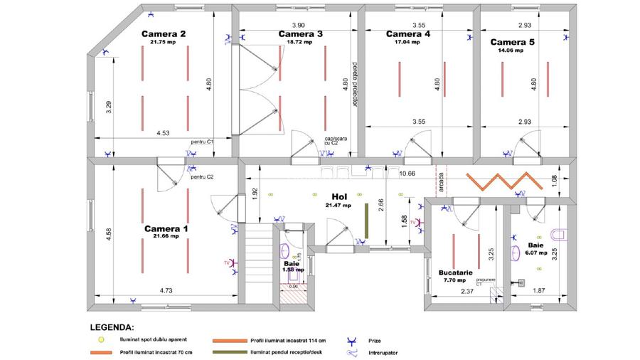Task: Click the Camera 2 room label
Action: (x=164, y=33)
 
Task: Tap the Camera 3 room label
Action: (x=300, y=33)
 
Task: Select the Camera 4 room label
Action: (x=408, y=33)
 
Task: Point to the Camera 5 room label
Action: (x=512, y=42)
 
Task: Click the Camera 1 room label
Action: (x=166, y=228)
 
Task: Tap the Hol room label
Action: (x=338, y=196)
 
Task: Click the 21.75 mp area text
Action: (x=163, y=42)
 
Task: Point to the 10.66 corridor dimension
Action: (x=407, y=174)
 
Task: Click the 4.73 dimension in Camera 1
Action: (x=166, y=290)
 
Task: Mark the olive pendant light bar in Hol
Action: (x=366, y=221)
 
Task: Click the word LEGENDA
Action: (x=111, y=329)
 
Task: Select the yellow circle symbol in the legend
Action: (x=101, y=339)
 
